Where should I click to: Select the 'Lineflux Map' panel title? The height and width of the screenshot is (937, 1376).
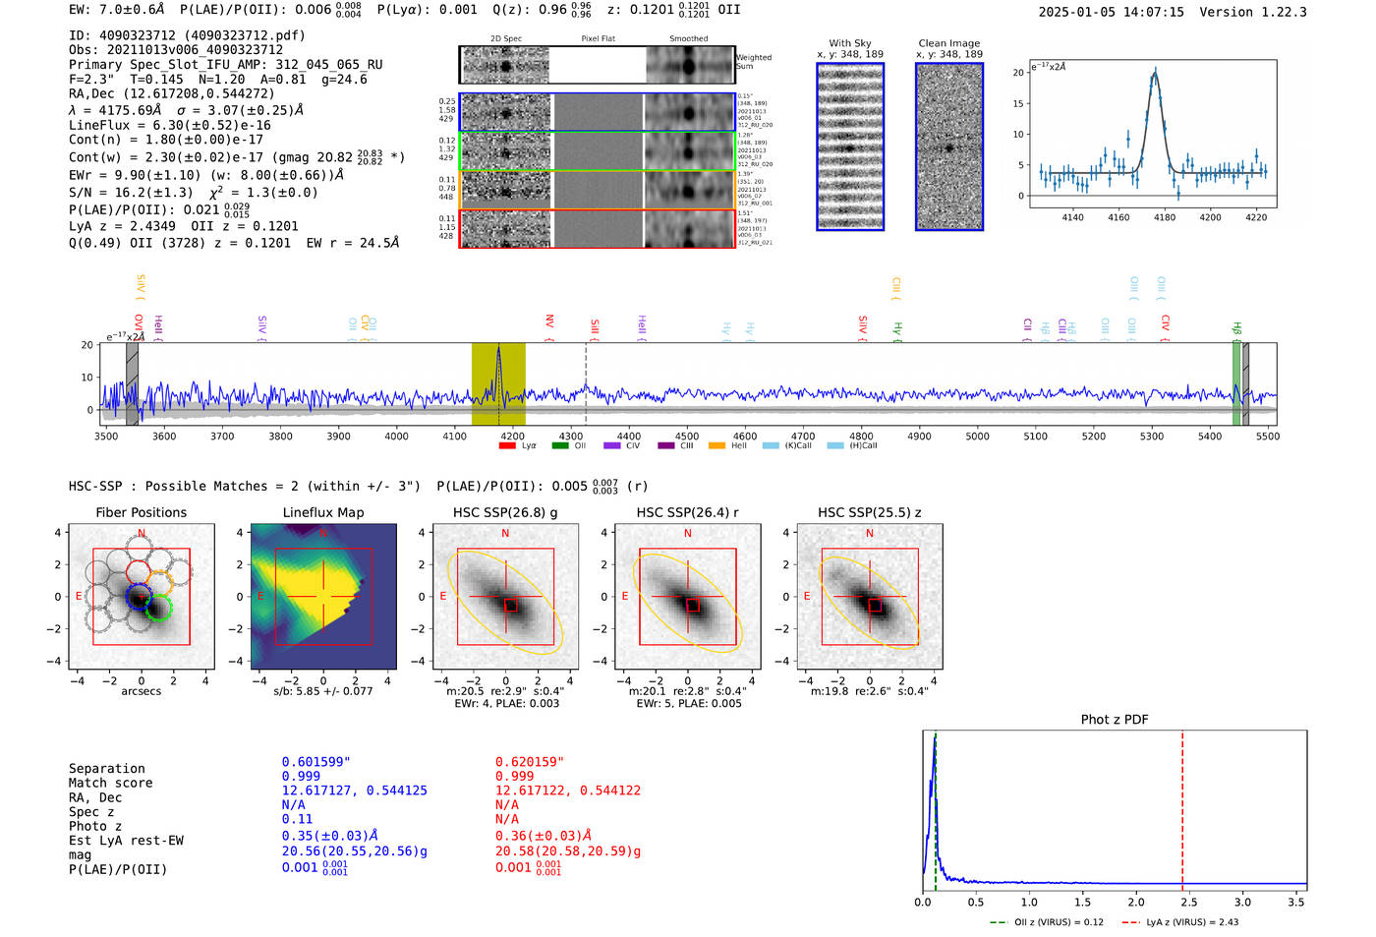[322, 512]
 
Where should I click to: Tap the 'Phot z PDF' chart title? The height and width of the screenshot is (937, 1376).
[1115, 720]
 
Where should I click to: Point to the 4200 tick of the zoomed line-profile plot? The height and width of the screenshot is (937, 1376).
[1210, 217]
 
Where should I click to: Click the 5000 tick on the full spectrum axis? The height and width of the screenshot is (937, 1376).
[977, 436]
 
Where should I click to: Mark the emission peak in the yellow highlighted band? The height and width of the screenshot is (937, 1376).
[498, 349]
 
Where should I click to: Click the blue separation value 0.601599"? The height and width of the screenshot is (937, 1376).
[315, 762]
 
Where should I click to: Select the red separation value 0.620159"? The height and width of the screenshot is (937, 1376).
[530, 762]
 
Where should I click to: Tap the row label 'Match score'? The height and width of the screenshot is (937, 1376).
[110, 784]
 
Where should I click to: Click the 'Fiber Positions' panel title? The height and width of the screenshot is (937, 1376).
[141, 512]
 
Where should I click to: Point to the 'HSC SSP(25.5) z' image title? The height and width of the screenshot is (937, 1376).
[870, 512]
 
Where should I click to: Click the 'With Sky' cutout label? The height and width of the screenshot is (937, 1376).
[849, 43]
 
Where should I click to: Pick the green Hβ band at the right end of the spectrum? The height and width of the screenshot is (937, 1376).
[1235, 383]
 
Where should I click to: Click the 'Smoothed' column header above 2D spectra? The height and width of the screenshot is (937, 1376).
[688, 39]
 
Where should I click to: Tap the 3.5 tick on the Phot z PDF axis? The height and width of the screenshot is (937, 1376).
[1296, 902]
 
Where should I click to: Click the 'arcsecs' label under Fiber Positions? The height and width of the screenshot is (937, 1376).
[141, 691]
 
